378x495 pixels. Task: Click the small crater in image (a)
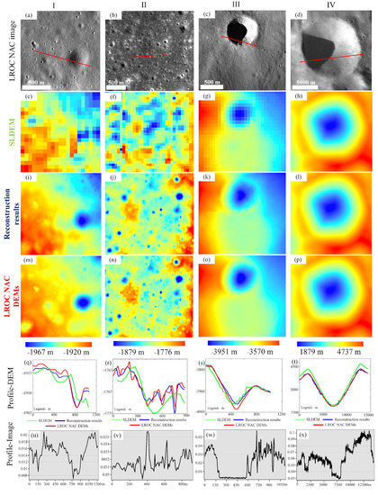point(84,64)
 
